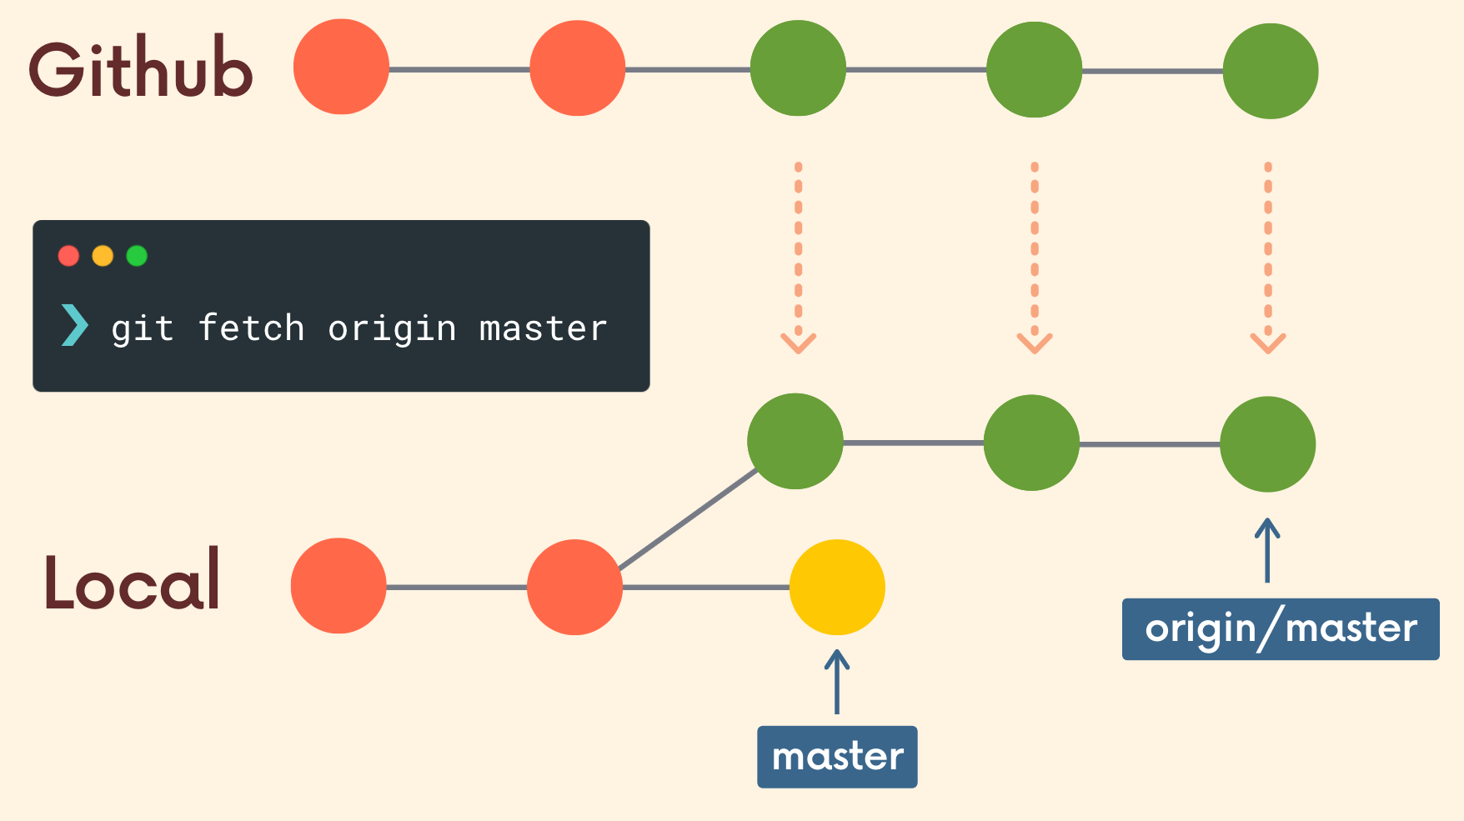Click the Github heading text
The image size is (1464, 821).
click(140, 68)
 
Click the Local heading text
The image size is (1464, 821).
click(132, 581)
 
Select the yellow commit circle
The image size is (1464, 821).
click(837, 587)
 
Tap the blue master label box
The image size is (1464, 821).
click(837, 757)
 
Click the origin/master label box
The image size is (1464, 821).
click(1281, 629)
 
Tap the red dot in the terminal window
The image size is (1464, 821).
click(68, 256)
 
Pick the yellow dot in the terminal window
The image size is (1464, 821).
click(103, 256)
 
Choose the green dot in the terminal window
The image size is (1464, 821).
click(137, 256)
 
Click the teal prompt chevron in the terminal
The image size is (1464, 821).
click(74, 325)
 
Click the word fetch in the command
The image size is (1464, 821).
click(251, 328)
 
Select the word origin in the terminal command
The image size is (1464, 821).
click(392, 329)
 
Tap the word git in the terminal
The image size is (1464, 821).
click(143, 329)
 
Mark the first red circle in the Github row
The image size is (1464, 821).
click(341, 67)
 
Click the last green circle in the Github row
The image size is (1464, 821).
click(1270, 71)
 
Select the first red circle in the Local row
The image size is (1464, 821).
click(338, 586)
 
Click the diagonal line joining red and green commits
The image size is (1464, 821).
click(688, 520)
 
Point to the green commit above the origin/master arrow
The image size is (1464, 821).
click(1267, 444)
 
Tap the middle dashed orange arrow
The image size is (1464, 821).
click(1035, 258)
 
